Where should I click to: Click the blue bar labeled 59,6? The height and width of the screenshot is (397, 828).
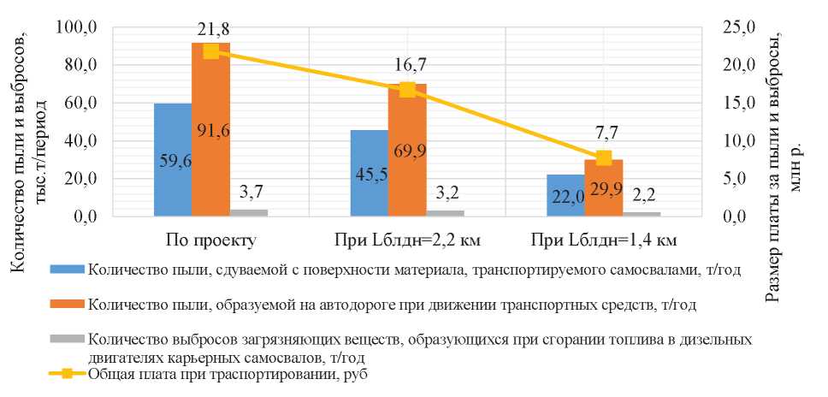[173, 159]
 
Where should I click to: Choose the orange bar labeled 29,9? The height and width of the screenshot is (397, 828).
[604, 187]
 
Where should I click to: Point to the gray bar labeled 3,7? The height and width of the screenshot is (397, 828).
[249, 212]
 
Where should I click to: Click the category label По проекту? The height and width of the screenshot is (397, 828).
[210, 238]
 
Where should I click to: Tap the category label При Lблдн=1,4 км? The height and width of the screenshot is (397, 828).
[604, 238]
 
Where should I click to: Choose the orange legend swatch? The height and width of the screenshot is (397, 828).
[67, 303]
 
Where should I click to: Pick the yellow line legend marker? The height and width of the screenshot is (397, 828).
[68, 374]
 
